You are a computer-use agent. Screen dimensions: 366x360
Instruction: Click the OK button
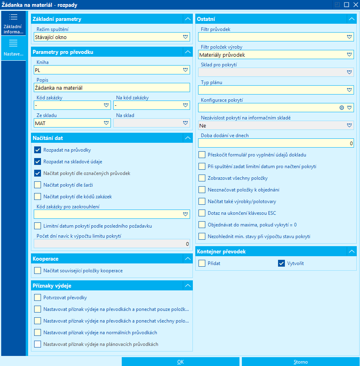[180, 362]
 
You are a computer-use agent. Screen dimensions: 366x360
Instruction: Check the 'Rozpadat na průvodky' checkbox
[38, 150]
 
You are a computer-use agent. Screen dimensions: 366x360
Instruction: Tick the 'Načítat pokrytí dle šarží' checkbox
[38, 185]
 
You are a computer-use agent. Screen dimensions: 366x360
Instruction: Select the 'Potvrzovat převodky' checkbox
[38, 298]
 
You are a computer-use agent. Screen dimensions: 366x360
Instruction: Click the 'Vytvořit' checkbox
[281, 263]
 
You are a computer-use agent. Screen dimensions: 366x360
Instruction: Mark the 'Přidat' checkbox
[202, 263]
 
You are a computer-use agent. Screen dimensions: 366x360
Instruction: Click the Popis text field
[112, 88]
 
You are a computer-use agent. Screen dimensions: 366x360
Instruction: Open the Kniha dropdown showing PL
[185, 70]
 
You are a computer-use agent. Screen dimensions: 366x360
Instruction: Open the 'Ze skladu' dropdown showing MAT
[106, 123]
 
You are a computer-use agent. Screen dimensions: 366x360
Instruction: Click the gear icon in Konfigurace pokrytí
[342, 108]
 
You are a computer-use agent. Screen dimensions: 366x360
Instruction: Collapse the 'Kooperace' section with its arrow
[188, 259]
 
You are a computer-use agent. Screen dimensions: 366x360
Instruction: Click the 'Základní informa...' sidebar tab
[13, 23]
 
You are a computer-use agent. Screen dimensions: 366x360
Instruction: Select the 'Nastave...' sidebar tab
[13, 48]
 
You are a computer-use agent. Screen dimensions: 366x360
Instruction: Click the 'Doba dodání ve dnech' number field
[276, 143]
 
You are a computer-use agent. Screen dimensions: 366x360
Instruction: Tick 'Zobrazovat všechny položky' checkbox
[202, 178]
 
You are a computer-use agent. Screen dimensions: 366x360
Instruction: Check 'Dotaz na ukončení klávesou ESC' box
[202, 213]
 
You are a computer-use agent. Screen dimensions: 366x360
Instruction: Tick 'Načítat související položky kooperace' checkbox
[38, 271]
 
